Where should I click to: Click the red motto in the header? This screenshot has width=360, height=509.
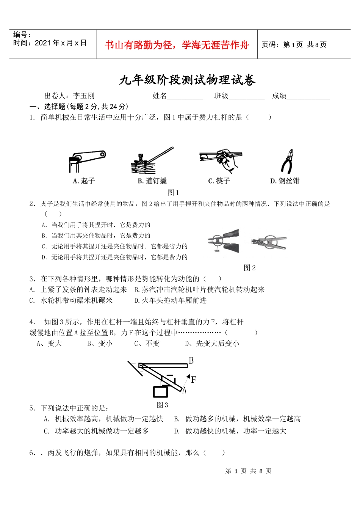pos(177,45)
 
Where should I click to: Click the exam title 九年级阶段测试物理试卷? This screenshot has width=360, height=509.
pos(187,80)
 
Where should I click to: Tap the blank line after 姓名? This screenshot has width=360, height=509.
pos(185,97)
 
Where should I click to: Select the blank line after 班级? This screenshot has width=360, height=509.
pos(246,97)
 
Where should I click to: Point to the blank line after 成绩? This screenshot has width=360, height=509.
pos(308,97)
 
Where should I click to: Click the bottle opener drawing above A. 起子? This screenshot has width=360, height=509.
pos(86,160)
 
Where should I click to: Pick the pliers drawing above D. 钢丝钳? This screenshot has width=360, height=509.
pos(288,161)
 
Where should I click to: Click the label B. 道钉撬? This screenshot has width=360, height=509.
pos(152,181)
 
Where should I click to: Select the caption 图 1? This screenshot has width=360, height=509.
pos(173,193)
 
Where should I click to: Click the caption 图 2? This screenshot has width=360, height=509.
pos(249,268)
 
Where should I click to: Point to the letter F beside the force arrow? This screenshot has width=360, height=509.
pos(194,380)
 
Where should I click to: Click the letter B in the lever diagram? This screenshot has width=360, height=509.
pos(191,361)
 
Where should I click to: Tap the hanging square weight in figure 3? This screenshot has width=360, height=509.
pos(160,391)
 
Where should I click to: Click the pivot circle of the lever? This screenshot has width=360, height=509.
pos(141,365)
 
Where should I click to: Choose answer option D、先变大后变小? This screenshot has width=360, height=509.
pos(212,344)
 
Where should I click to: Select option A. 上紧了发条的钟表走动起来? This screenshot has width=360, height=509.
pos(78,290)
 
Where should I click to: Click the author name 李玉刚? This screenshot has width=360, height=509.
pos(83,96)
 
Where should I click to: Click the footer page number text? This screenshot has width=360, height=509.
pos(248,471)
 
